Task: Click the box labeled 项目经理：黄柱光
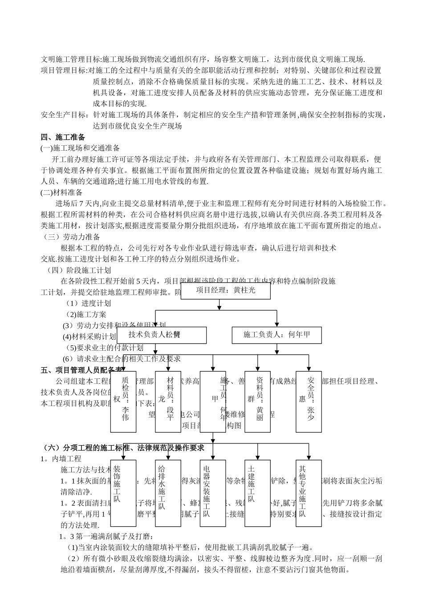click(x=225, y=291)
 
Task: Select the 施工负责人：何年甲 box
click(x=277, y=335)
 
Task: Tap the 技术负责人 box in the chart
click(x=162, y=335)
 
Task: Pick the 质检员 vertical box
click(x=123, y=402)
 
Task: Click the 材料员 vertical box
click(x=168, y=402)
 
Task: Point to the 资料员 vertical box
click(x=258, y=402)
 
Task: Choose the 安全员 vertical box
click(x=309, y=402)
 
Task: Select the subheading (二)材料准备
click(x=61, y=193)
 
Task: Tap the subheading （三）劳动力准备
click(x=72, y=237)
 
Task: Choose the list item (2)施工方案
click(x=86, y=314)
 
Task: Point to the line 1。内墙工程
click(x=61, y=458)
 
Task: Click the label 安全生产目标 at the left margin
click(x=64, y=115)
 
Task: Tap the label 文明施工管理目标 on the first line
click(x=71, y=59)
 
